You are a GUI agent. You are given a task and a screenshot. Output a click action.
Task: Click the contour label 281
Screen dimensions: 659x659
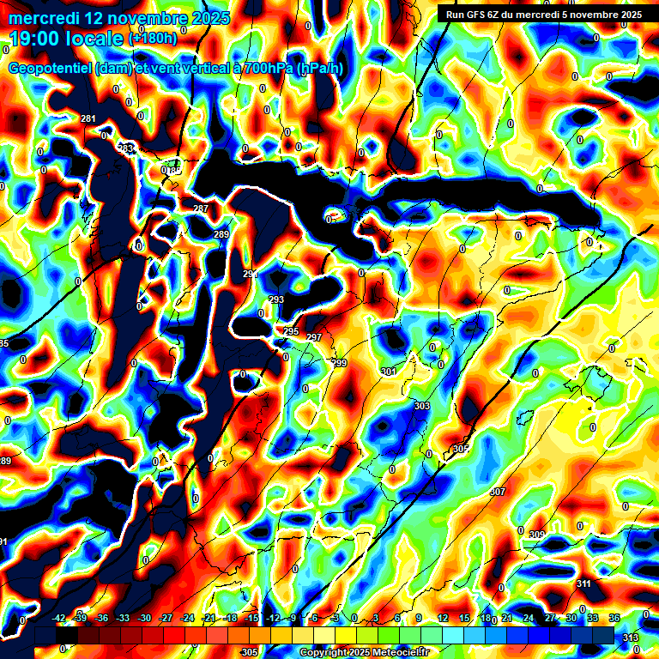pyautogui.click(x=88, y=118)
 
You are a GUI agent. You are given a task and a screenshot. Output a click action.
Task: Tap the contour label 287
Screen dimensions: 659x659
pyautogui.click(x=201, y=209)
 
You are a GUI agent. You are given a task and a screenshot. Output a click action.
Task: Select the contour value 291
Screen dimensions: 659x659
pyautogui.click(x=251, y=274)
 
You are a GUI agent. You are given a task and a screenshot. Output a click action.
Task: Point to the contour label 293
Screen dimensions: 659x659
pyautogui.click(x=276, y=299)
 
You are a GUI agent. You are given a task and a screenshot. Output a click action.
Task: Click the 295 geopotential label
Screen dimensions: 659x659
pyautogui.click(x=291, y=331)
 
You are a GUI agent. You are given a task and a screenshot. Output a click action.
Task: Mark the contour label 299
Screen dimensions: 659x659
pyautogui.click(x=340, y=364)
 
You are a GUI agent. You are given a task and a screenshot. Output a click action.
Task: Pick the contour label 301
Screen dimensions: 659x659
pyautogui.click(x=389, y=372)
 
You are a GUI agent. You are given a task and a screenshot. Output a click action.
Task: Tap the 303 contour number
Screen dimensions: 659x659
pyautogui.click(x=421, y=406)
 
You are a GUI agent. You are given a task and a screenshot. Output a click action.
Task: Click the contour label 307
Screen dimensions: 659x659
pyautogui.click(x=498, y=492)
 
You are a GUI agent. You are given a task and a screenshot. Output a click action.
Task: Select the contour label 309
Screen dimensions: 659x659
pyautogui.click(x=537, y=535)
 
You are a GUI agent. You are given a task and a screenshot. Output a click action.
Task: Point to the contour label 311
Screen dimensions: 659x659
pyautogui.click(x=583, y=583)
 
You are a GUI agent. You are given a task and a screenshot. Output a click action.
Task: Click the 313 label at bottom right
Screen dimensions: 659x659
pyautogui.click(x=631, y=637)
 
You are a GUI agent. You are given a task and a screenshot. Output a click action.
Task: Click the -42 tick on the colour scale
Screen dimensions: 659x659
pyautogui.click(x=59, y=618)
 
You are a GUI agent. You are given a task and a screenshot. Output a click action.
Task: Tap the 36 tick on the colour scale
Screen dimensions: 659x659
pyautogui.click(x=614, y=618)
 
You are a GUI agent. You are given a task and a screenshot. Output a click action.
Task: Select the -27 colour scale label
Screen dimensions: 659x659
pyautogui.click(x=166, y=618)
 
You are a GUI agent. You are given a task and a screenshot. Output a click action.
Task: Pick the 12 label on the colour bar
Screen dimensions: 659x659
pyautogui.click(x=443, y=618)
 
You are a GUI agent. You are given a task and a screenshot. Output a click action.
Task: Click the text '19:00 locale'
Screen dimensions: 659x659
pyautogui.click(x=67, y=39)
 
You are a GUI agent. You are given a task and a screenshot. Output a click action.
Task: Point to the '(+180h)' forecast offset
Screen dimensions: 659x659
pyautogui.click(x=153, y=39)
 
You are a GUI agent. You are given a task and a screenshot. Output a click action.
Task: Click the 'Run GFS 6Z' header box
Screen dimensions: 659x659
pyautogui.click(x=539, y=14)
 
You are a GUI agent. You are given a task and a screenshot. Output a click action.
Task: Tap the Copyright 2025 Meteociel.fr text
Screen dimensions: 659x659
pyautogui.click(x=364, y=653)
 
